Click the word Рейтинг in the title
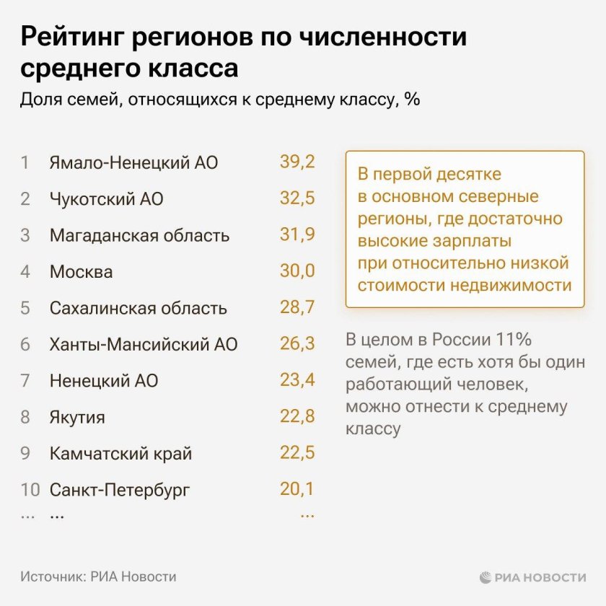coord(71,38)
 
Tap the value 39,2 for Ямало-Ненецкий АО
coord(297,162)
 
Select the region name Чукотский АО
coord(106,199)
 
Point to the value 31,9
coord(297,235)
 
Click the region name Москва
coord(81,272)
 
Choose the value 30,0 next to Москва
coord(297,271)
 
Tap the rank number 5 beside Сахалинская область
coord(25,309)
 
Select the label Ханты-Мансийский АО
coord(143,345)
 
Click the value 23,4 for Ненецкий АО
coord(297,380)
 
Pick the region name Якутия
coord(77,418)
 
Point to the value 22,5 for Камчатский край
coord(297,454)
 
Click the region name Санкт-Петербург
coord(120,491)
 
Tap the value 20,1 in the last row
coord(297,490)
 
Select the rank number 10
coord(30,491)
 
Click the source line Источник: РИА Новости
coord(99,577)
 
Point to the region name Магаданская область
coord(139,236)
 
